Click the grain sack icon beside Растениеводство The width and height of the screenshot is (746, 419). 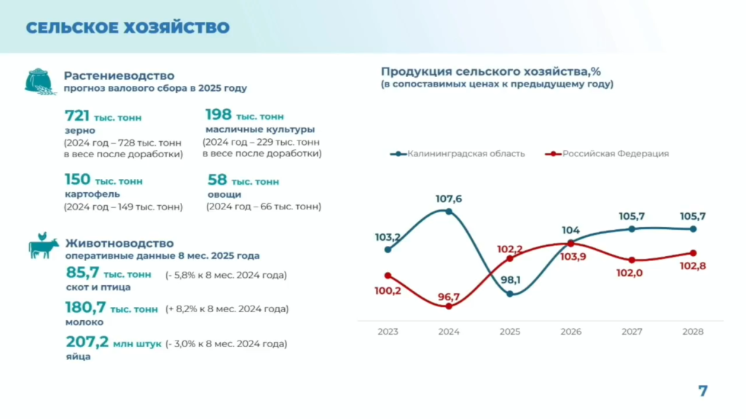click(x=40, y=81)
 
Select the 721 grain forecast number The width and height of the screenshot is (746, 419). click(x=77, y=116)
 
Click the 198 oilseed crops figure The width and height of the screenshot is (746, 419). click(x=219, y=115)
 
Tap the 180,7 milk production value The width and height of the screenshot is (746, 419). click(x=85, y=308)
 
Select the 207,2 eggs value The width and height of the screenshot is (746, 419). click(x=86, y=343)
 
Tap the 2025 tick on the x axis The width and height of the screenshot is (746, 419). click(x=510, y=332)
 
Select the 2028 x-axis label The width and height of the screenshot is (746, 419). click(x=693, y=332)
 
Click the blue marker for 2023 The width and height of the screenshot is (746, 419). click(x=388, y=250)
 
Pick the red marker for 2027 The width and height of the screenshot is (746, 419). click(x=632, y=260)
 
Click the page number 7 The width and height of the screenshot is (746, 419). click(x=703, y=391)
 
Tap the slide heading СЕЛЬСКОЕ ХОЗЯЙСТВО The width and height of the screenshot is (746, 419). click(x=127, y=28)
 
